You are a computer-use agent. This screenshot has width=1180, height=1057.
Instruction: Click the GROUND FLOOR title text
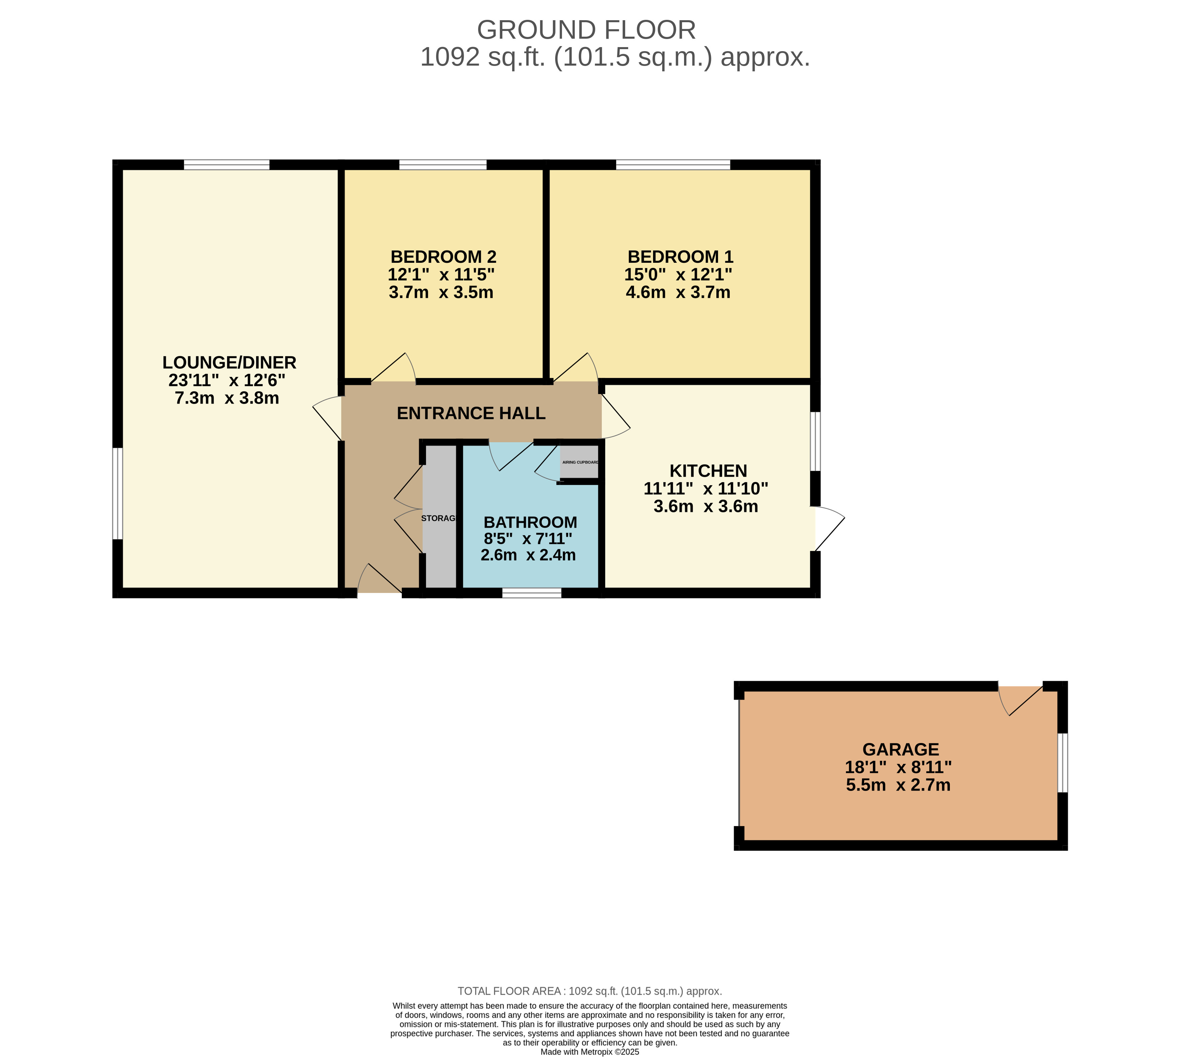coord(586,30)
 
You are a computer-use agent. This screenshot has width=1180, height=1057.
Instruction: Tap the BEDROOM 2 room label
coord(443,257)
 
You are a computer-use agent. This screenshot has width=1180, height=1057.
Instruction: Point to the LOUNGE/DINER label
coord(229,362)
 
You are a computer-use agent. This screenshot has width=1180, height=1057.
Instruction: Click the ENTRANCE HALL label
coord(471,413)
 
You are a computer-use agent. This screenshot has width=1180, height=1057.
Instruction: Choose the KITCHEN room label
coord(708,470)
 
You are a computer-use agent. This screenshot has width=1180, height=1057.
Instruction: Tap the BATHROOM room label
coord(530,522)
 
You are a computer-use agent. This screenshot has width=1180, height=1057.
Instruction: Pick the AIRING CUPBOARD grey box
coord(579,462)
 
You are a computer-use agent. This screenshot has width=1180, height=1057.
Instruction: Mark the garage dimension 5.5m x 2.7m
coord(898,785)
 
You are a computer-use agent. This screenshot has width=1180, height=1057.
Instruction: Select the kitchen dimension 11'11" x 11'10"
coord(706,488)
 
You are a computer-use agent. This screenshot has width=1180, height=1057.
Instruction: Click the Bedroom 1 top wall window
coord(673,164)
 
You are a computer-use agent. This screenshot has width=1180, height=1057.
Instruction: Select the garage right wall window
coord(1062,763)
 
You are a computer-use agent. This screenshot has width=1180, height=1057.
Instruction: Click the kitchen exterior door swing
coord(830,528)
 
